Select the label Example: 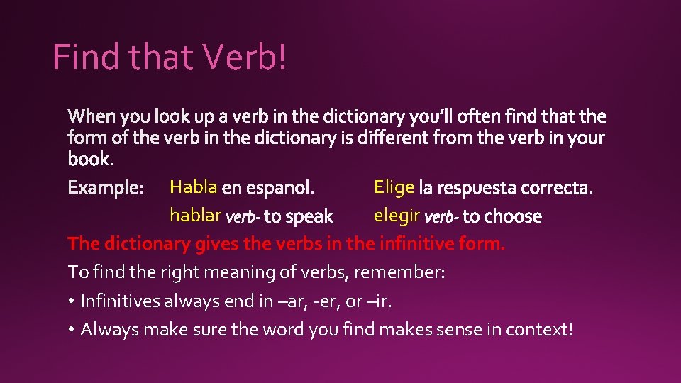(106, 188)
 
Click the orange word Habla (193, 187)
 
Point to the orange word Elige (394, 187)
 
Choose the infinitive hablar (195, 216)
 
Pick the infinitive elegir (397, 216)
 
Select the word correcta (556, 188)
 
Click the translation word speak (309, 216)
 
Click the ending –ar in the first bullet (292, 301)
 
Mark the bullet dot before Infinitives (72, 301)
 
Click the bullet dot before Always (72, 330)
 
